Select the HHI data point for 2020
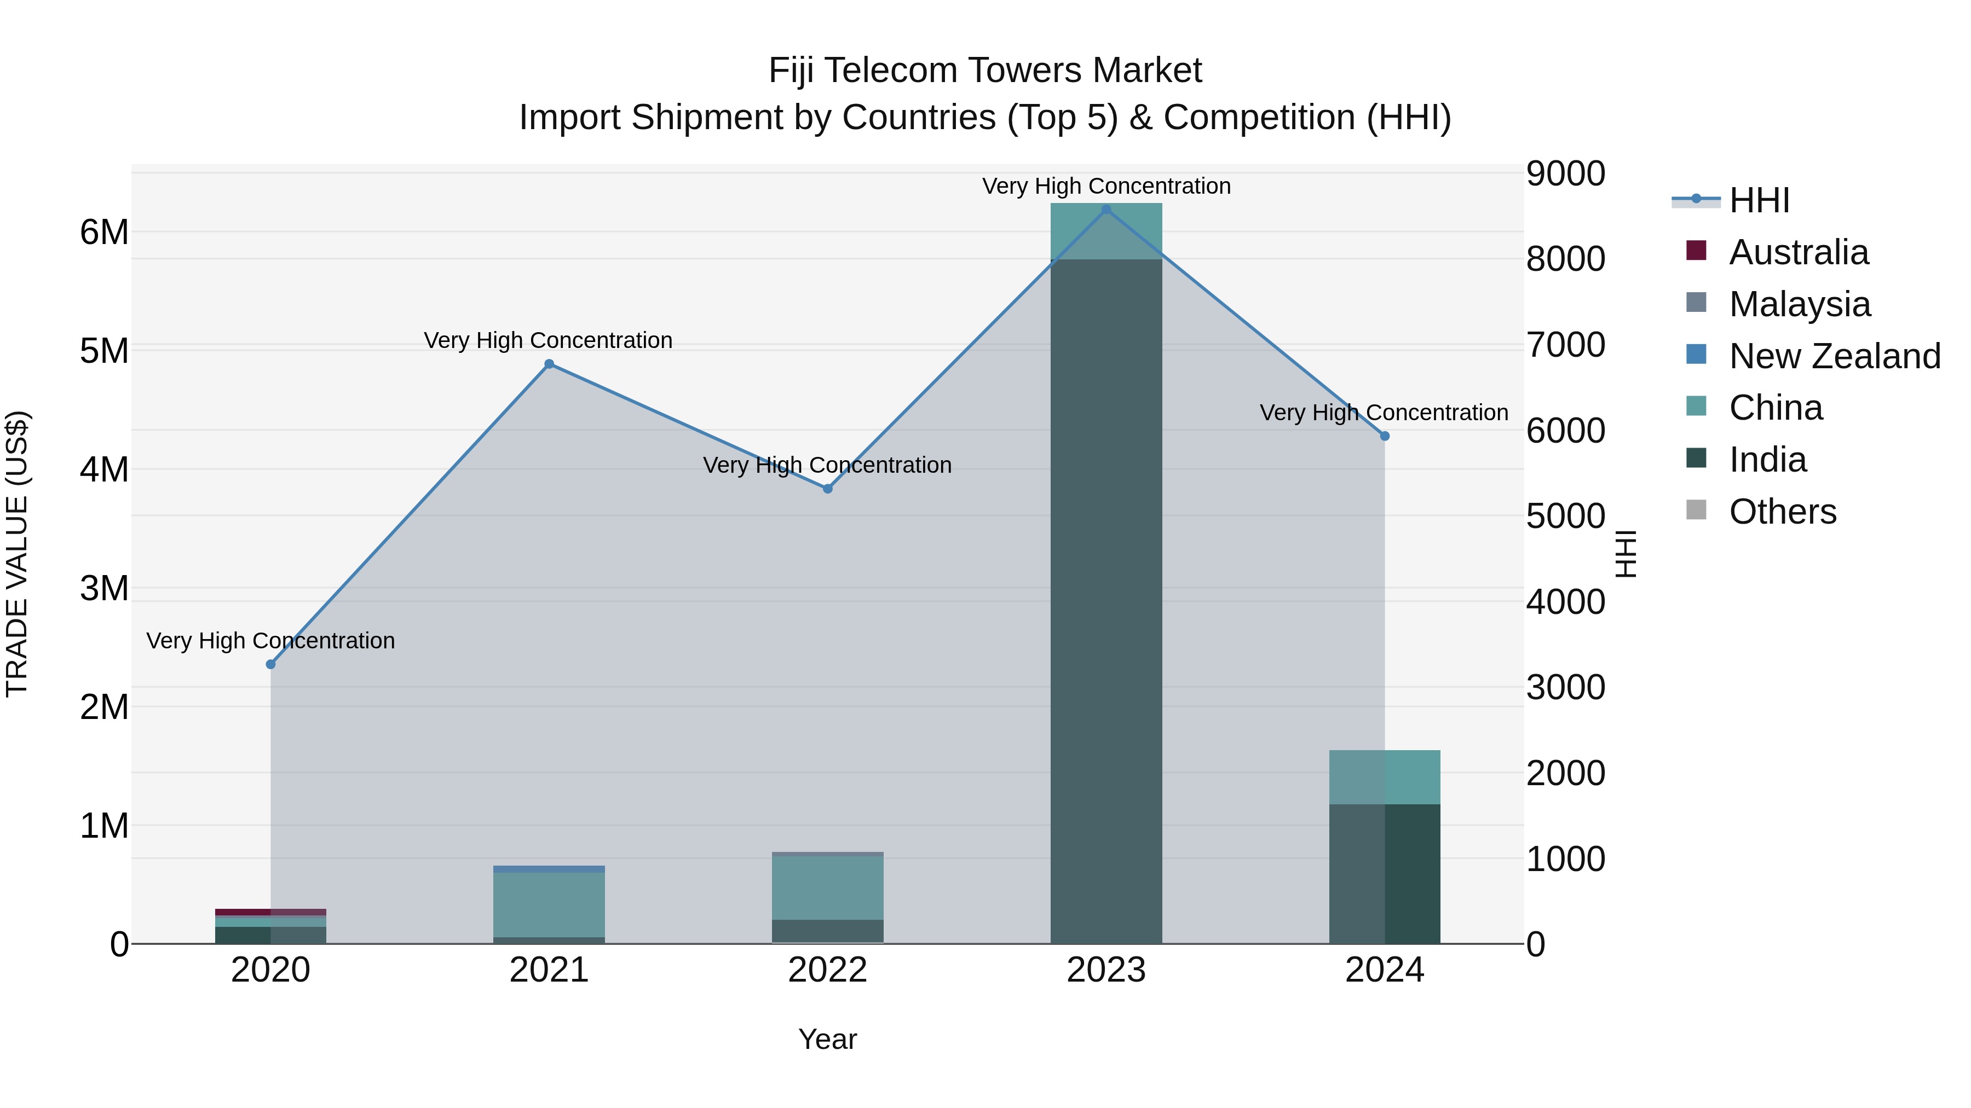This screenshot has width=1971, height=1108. (271, 664)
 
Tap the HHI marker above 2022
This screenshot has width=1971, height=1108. (827, 489)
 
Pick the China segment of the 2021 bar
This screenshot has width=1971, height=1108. (549, 904)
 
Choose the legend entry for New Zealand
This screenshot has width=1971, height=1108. (1834, 356)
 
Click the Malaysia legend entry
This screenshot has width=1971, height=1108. (1799, 304)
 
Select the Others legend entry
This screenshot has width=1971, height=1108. (1782, 512)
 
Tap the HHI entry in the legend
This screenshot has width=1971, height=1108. (1758, 200)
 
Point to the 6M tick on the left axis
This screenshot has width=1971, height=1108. (104, 231)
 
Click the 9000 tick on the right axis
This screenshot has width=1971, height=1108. (1565, 173)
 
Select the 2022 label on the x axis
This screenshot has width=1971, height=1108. (827, 970)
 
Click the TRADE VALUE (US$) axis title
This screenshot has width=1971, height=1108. (17, 554)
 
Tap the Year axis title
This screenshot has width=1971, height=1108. (827, 1039)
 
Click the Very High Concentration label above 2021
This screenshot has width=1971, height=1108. (548, 340)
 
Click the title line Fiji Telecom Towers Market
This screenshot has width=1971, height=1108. (985, 71)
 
